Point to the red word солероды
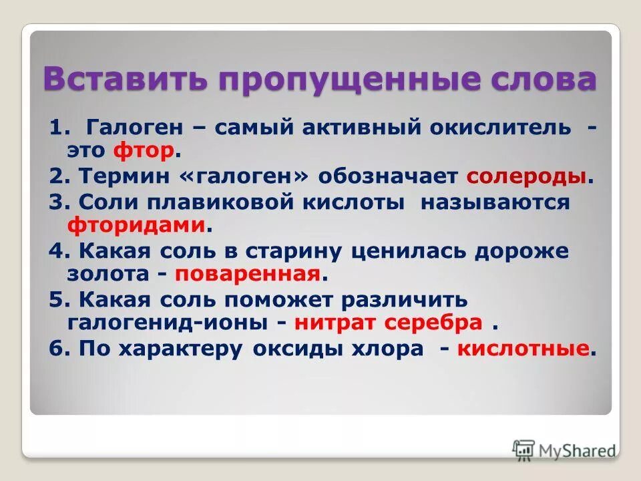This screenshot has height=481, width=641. coord(527,176)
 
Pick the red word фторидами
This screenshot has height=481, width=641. coord(136,226)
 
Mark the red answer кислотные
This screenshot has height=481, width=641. coord(523,349)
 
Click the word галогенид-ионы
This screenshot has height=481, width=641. coord(167,323)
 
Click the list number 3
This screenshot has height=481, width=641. coord(55,202)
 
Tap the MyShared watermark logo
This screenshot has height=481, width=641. coord(564,450)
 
